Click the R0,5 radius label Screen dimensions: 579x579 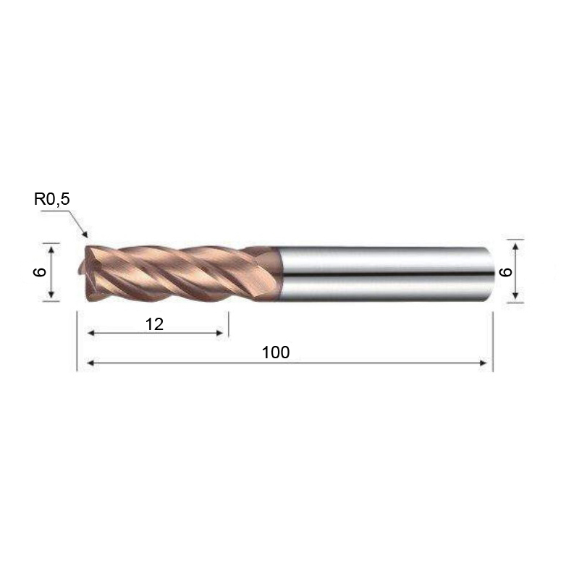[51, 199]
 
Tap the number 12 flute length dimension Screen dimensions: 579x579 [154, 324]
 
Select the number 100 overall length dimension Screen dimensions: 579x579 [276, 352]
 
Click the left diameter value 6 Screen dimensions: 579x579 [40, 272]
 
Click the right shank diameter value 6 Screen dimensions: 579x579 [505, 272]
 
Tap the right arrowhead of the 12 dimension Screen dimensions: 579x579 [219, 333]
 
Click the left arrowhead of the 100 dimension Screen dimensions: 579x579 [90, 363]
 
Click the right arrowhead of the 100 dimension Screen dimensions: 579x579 [483, 363]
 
